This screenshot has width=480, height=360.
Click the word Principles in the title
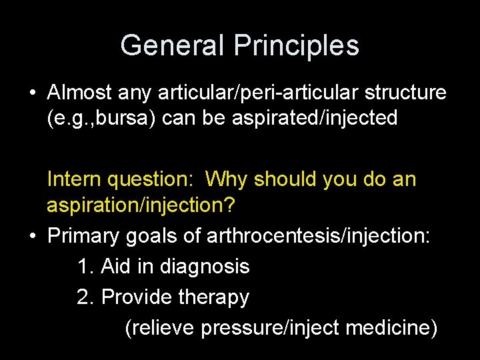pos(297,45)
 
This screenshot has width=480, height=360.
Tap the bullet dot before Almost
pos(32,92)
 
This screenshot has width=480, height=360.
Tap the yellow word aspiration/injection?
pos(141,205)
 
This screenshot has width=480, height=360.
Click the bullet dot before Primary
pos(32,235)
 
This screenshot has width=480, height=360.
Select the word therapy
pos(213,297)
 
